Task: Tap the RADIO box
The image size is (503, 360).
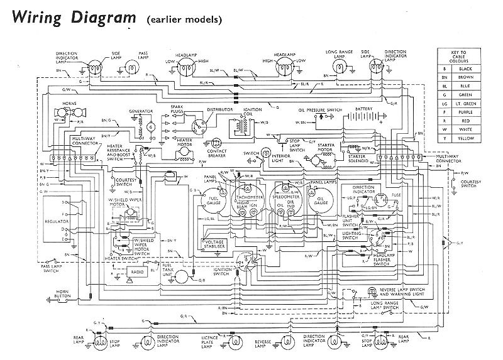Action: (x=136, y=271)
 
